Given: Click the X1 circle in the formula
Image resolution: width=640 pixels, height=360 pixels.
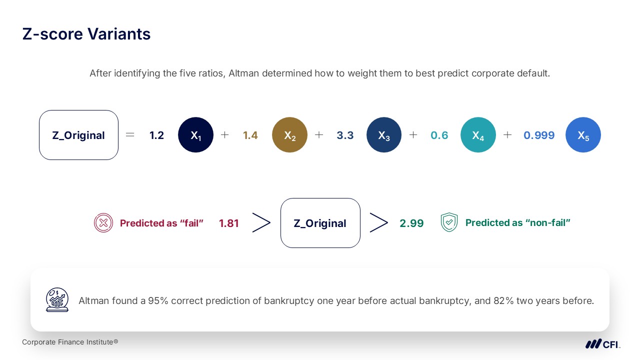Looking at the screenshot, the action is click(x=195, y=135).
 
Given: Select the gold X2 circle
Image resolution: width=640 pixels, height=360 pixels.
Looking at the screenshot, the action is click(x=289, y=135).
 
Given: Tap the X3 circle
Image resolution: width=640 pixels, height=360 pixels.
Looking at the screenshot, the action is click(x=384, y=135).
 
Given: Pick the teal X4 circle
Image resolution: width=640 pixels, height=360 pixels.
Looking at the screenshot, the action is click(x=478, y=135).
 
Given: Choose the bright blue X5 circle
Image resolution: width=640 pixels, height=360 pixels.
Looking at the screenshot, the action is click(x=583, y=135).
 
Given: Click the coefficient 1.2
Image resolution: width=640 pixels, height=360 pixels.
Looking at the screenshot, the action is click(x=156, y=135).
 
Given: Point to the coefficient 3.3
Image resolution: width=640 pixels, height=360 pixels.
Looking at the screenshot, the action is click(x=345, y=135).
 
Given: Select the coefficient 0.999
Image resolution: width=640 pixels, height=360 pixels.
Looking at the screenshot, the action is click(x=539, y=135).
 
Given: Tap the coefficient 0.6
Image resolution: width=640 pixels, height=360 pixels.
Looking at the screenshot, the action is click(x=439, y=135).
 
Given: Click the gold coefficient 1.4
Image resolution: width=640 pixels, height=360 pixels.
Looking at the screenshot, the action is click(x=250, y=135).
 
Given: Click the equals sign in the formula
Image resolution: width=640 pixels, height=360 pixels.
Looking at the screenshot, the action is click(x=130, y=134).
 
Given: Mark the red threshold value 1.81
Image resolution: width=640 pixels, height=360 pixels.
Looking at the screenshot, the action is click(x=229, y=223).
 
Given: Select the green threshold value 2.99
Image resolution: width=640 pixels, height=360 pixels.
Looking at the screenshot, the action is click(x=411, y=223).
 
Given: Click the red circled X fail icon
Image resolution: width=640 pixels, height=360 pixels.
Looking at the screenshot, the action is click(x=103, y=223).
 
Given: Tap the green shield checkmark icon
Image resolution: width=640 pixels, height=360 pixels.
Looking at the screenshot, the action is click(x=449, y=222).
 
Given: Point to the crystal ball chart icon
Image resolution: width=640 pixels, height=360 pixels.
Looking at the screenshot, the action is click(x=57, y=299).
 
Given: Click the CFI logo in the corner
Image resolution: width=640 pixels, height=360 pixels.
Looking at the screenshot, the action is click(x=602, y=344).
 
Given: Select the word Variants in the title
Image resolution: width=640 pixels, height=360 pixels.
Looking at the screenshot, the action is click(x=119, y=34).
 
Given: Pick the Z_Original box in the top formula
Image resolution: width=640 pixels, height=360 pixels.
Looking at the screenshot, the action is click(x=78, y=135).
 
